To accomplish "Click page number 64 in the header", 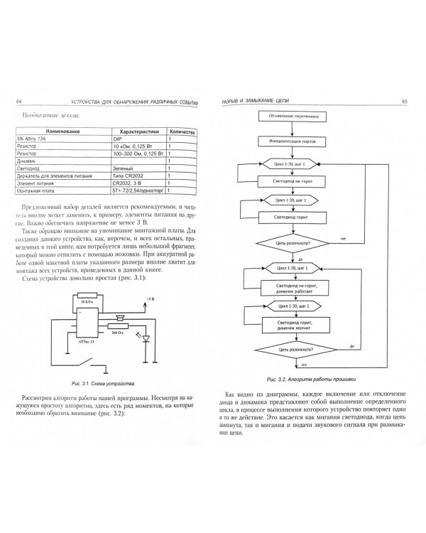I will pyautogui.click(x=19, y=102).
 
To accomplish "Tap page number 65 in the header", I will pyautogui.click(x=404, y=102).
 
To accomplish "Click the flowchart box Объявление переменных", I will pyautogui.click(x=293, y=116).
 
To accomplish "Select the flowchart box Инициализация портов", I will pyautogui.click(x=293, y=140).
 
